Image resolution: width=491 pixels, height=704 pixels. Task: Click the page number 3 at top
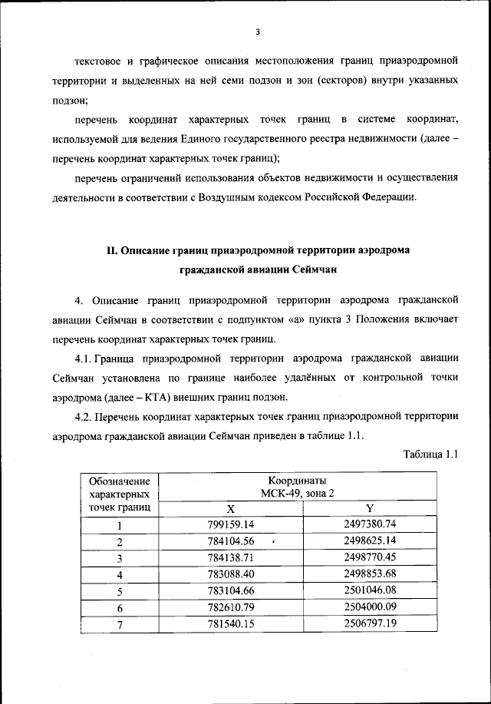(258, 31)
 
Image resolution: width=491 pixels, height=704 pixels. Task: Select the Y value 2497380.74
(370, 524)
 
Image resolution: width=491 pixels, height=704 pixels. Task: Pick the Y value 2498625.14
(370, 541)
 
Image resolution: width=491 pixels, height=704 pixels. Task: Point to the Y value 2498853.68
(370, 573)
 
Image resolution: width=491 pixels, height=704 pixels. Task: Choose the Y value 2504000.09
(370, 606)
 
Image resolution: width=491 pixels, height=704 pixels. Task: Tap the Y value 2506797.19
(370, 623)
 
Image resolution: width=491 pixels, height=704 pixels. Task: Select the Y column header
(370, 508)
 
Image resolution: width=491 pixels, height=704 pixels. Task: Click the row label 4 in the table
(120, 574)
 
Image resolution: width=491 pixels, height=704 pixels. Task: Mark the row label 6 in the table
(120, 607)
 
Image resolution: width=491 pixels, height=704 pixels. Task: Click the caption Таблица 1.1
(430, 454)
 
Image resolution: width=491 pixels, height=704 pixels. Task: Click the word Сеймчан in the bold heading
(310, 269)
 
